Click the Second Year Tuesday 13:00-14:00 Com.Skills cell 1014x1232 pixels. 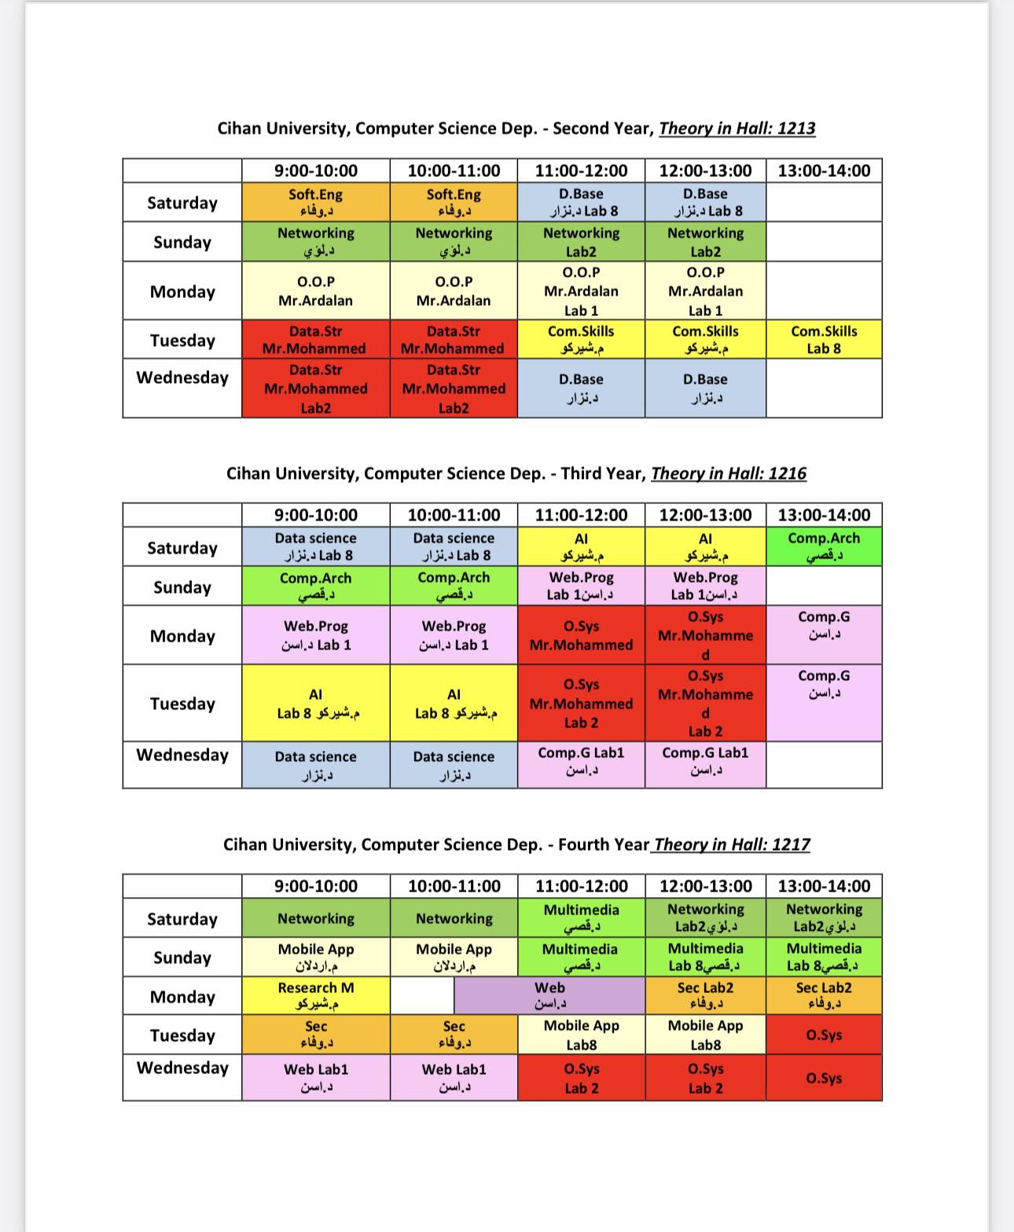click(824, 340)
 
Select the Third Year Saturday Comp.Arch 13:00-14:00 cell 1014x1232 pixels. click(824, 546)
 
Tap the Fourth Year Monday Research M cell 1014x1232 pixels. click(315, 995)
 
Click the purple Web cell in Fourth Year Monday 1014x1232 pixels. click(549, 995)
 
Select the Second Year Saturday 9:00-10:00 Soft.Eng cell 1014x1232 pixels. click(315, 202)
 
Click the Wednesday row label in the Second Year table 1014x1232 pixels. click(182, 377)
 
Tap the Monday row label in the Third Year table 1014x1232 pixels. click(182, 635)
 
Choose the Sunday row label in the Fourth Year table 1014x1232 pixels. click(182, 957)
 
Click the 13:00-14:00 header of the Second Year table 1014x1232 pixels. click(824, 171)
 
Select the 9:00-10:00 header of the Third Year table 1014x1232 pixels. click(315, 515)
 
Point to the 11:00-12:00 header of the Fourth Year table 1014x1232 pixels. click(582, 886)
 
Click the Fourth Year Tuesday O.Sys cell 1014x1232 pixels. click(824, 1035)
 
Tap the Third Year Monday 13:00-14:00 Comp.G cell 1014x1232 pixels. click(824, 634)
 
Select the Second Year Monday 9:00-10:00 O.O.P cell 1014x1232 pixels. click(315, 291)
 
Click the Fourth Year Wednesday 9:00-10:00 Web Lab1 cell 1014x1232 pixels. click(315, 1077)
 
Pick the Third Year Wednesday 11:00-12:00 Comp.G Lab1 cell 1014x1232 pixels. click(581, 764)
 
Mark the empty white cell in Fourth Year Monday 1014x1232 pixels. click(422, 995)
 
